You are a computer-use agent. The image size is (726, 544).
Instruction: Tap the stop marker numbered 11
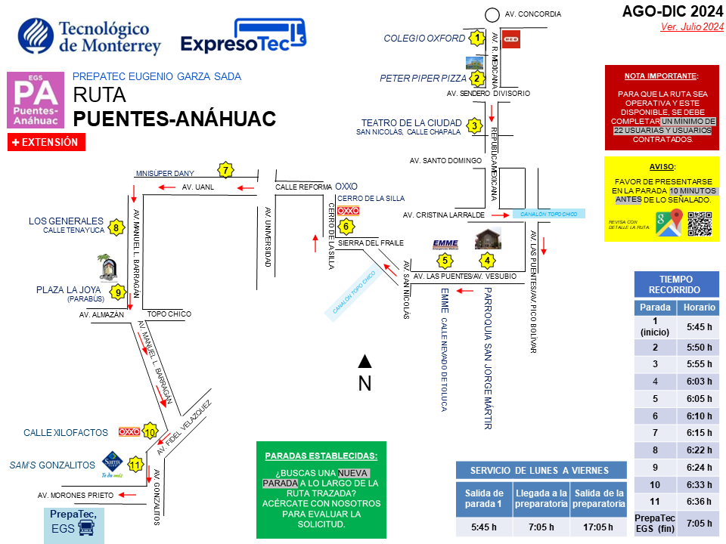pos(136,464)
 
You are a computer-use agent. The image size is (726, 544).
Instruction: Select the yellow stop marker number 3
pos(474,125)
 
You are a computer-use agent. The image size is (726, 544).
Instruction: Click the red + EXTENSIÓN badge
pos(46,141)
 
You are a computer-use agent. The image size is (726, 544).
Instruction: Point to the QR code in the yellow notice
pos(700,224)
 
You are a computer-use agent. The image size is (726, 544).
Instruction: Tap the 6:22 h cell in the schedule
pos(698,450)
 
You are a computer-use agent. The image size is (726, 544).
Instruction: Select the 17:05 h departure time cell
pos(599,527)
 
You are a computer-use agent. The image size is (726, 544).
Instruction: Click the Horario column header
pos(698,308)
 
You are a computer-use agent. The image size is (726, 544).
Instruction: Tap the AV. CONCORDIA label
pos(532,14)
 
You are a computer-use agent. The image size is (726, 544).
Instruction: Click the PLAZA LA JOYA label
pos(70,290)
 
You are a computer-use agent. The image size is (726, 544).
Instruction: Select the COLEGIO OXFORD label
pos(423,38)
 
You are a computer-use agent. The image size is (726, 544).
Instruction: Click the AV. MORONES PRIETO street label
pos(75,495)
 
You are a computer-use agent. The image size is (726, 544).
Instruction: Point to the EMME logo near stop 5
pos(445,243)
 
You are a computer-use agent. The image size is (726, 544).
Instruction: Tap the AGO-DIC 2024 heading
pos(672,11)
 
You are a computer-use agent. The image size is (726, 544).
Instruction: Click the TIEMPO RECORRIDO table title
pos(675,284)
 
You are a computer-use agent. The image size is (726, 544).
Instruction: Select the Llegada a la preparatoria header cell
pos(541,499)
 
